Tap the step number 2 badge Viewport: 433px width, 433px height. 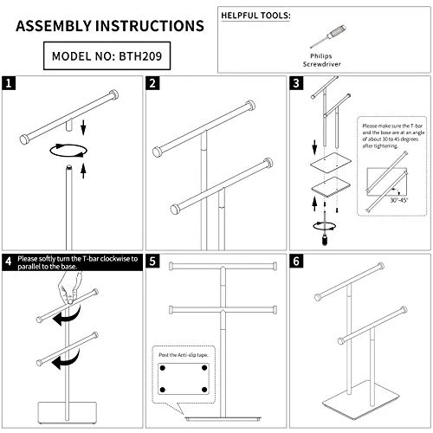click(x=153, y=84)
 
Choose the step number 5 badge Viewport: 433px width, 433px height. click(x=153, y=260)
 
